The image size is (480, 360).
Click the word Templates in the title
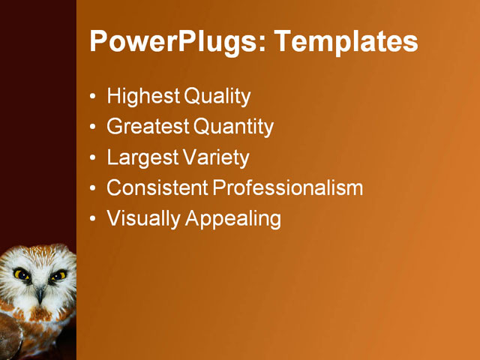pos(346,41)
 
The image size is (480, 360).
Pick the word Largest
pos(142,158)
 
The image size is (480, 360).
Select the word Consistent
pos(157,187)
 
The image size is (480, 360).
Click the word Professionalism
pos(289,187)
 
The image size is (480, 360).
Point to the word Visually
pos(144,219)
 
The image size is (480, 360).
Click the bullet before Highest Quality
pos(92,97)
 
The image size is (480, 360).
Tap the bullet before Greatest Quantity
pos(92,127)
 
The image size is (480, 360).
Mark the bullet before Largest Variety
pos(92,158)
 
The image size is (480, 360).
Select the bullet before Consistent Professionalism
pos(92,188)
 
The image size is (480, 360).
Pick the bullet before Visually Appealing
pos(92,219)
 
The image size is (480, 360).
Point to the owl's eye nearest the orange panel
pos(57,275)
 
